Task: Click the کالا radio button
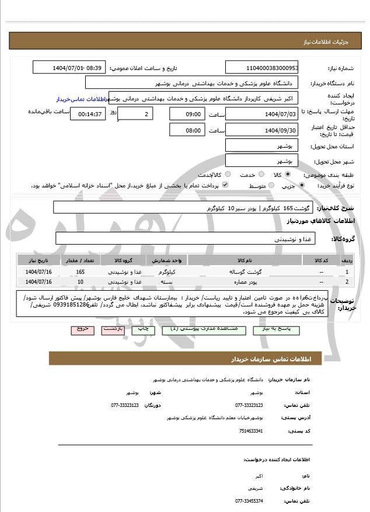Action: pos(287,175)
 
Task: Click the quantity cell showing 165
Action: pos(81,272)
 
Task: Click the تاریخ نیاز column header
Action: pos(39,260)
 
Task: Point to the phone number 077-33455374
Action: pos(249,501)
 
